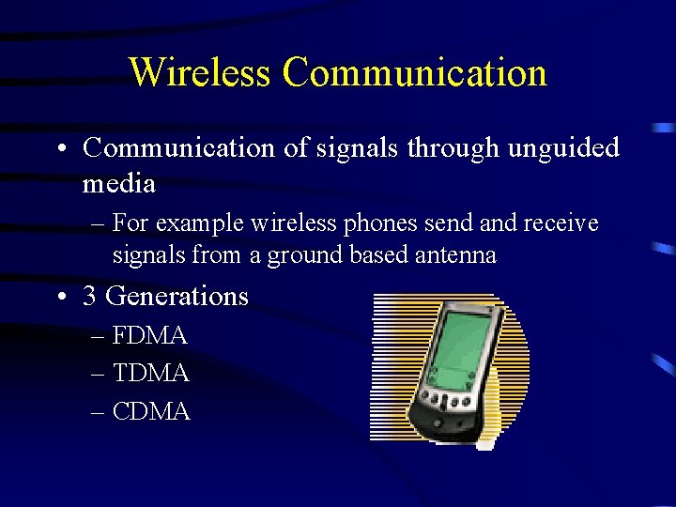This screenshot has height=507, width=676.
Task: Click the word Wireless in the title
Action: pyautogui.click(x=199, y=72)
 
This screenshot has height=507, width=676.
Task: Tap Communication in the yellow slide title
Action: pyautogui.click(x=414, y=72)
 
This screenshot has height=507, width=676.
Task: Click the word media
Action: pyautogui.click(x=118, y=183)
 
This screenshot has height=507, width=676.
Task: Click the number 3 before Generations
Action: pyautogui.click(x=90, y=296)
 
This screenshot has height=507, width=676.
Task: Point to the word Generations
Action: pyautogui.click(x=177, y=296)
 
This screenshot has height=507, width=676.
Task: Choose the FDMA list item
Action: pyautogui.click(x=150, y=335)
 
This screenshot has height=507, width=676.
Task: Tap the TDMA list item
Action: pyautogui.click(x=150, y=374)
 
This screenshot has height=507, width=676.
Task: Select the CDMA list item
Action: pyautogui.click(x=150, y=411)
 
